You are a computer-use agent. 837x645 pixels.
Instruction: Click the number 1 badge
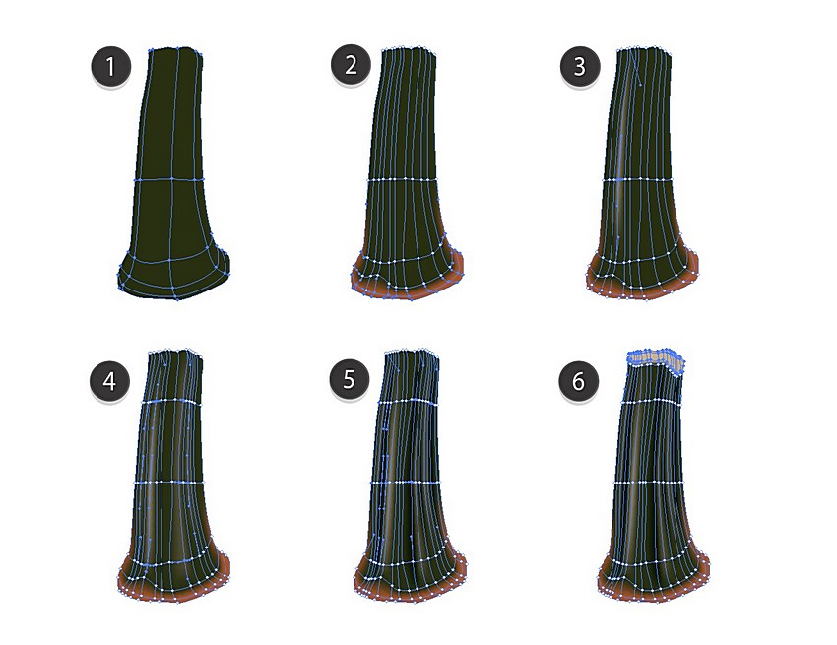pos(110,67)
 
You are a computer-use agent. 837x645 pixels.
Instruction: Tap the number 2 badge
pos(351,65)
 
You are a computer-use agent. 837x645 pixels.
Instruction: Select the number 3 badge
pos(580,67)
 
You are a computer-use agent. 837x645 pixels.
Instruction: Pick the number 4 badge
pos(109,381)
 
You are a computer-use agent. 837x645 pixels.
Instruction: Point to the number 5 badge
pos(349,380)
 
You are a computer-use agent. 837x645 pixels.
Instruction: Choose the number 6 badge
pos(579,381)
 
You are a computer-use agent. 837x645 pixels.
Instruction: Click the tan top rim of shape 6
pos(656,359)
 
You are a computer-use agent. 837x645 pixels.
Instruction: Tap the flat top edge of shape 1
pos(175,49)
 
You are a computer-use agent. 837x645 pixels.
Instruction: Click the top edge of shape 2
pos(410,49)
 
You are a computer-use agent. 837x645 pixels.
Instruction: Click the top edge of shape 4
pos(175,352)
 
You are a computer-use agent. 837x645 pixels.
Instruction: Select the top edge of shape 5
pos(412,352)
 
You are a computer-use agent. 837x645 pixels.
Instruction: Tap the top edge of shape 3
pos(644,50)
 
